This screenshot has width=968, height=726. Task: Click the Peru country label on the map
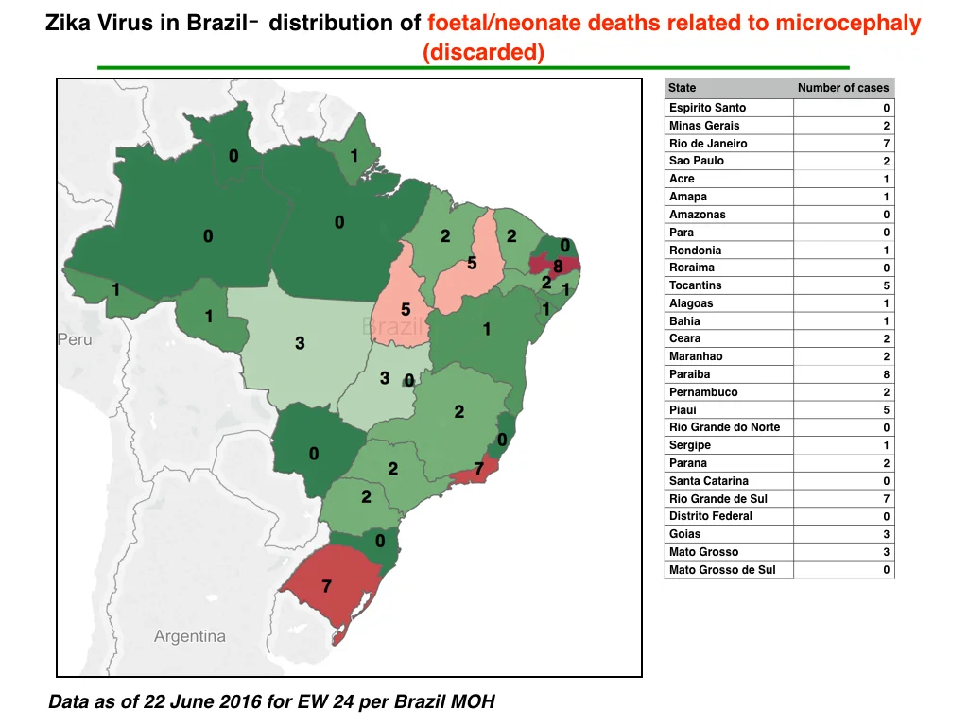[x=75, y=339]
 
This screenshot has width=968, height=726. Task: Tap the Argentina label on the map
[x=189, y=636]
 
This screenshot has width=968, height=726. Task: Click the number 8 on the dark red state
[x=558, y=267]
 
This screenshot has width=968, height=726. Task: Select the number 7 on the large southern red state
[x=326, y=586]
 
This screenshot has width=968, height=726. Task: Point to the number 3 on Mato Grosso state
[x=300, y=343]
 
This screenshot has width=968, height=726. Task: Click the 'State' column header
[x=683, y=88]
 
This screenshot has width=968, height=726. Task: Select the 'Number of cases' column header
[x=843, y=88]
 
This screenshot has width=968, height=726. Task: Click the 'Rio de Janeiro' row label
[x=708, y=144]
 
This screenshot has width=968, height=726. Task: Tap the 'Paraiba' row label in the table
[x=689, y=374]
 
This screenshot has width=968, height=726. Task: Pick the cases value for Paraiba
[x=887, y=374]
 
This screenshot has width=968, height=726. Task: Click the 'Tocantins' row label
[x=695, y=285]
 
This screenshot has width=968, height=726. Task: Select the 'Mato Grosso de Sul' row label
[x=722, y=570]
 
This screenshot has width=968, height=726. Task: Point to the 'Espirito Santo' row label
[x=707, y=108]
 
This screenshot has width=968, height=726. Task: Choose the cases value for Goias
[x=887, y=534]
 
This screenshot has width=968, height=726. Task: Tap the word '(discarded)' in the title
[x=483, y=52]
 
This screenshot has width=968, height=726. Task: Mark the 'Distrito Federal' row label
[x=711, y=516]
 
